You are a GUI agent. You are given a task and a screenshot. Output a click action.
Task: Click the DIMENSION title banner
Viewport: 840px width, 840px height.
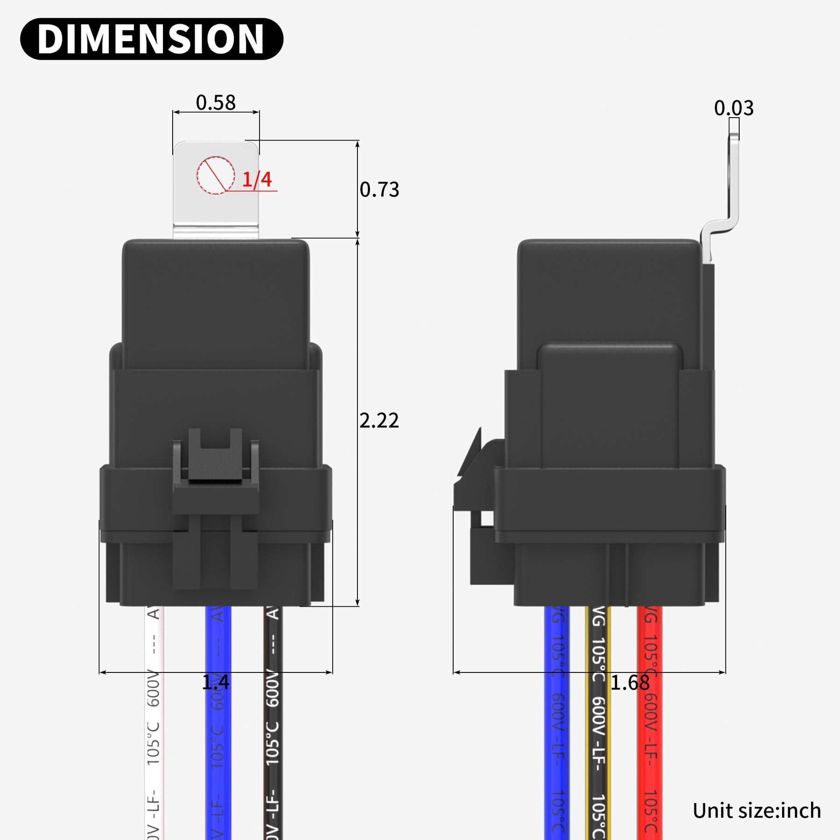click(151, 39)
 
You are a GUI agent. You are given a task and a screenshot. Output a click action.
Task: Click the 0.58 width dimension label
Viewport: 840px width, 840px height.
click(216, 103)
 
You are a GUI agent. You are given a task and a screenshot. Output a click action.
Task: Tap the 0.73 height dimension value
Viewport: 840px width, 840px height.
click(379, 189)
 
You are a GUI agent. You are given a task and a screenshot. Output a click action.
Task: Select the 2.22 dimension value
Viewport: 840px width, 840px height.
click(379, 420)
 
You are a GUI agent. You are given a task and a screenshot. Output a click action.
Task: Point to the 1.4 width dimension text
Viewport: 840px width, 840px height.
click(216, 682)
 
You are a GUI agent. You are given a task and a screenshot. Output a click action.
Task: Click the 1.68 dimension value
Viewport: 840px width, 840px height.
click(630, 683)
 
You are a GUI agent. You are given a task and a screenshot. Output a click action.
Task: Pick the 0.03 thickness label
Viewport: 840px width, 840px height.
click(734, 108)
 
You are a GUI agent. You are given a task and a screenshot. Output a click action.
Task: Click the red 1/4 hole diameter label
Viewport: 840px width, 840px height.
click(257, 180)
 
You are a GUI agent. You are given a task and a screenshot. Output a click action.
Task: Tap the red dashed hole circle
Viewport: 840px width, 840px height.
click(216, 175)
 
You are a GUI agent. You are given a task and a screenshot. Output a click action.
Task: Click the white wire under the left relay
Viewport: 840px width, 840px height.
click(154, 747)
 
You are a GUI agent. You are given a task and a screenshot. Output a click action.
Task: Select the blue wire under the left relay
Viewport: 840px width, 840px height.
click(218, 747)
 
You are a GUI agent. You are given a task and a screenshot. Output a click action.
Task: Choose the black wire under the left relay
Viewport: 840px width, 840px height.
click(273, 747)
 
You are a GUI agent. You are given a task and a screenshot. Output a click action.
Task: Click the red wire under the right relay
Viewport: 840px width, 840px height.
click(650, 747)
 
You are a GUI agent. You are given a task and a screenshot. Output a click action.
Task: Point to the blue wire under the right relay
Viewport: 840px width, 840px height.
click(557, 747)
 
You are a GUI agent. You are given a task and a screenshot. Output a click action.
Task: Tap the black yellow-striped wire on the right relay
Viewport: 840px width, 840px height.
click(598, 747)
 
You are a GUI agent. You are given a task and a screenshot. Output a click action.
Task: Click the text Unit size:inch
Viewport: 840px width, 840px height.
click(756, 811)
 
